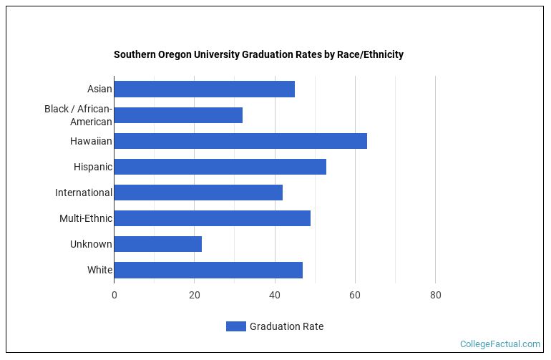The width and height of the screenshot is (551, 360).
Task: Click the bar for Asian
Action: click(x=204, y=89)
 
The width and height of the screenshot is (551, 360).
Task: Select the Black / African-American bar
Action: click(x=178, y=115)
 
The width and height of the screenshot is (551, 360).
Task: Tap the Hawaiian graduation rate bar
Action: click(x=240, y=141)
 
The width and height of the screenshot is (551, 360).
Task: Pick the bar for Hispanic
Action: click(x=220, y=167)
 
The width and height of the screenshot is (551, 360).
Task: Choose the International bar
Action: click(x=198, y=193)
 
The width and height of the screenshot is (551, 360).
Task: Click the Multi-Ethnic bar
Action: click(x=212, y=218)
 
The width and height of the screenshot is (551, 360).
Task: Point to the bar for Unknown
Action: click(x=157, y=244)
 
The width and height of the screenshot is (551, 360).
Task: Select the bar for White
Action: click(x=208, y=270)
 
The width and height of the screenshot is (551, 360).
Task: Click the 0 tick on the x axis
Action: click(x=114, y=294)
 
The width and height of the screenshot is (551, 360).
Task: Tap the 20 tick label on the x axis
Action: click(x=194, y=294)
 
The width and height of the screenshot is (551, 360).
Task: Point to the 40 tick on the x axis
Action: click(x=274, y=294)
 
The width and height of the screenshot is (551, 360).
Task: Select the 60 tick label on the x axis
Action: click(x=355, y=294)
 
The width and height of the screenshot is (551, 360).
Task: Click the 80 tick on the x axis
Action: click(x=435, y=294)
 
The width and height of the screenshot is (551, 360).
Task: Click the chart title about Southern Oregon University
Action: click(x=258, y=54)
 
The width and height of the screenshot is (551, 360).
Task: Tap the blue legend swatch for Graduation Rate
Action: click(x=235, y=326)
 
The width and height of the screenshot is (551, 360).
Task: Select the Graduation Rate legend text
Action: click(x=286, y=326)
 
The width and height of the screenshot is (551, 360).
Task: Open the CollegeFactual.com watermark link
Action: click(x=499, y=344)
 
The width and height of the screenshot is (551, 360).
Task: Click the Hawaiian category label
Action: click(x=91, y=141)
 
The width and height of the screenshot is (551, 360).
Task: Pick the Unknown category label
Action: click(x=91, y=244)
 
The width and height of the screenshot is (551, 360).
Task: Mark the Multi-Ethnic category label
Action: click(x=85, y=218)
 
